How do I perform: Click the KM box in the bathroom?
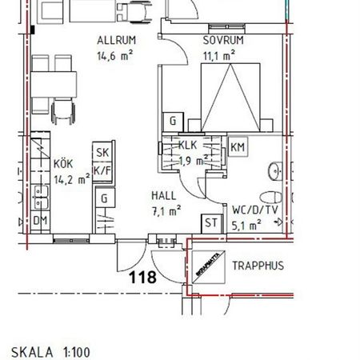[x=238, y=147]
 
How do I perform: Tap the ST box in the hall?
[x=212, y=223]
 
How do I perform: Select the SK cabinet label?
[x=102, y=154]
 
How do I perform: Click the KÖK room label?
[x=63, y=164]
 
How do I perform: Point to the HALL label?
[x=164, y=195]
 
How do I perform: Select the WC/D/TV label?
[x=254, y=210]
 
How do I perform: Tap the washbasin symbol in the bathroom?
[x=275, y=170]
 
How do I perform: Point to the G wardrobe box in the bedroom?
[x=171, y=122]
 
